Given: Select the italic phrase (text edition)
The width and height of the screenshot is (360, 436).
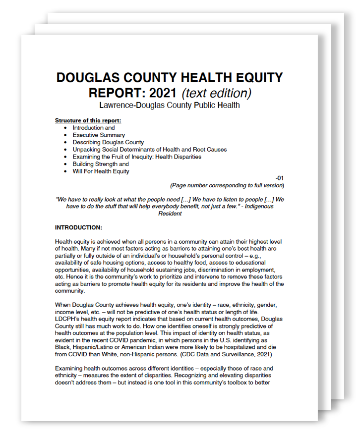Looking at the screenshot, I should [x=216, y=93].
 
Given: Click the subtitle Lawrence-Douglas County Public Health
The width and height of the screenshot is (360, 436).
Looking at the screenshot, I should [x=169, y=105].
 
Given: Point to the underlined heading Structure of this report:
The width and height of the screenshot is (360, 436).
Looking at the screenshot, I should [x=88, y=120].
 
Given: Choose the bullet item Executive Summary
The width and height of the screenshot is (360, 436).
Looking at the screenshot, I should [x=99, y=135].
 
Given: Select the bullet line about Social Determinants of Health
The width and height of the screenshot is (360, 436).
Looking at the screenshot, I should [x=149, y=150].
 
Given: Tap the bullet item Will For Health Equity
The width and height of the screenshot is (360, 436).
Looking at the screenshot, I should [x=101, y=171].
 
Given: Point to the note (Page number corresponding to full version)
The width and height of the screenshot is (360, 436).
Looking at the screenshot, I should [x=227, y=185].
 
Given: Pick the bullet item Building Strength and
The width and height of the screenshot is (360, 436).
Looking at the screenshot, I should [x=101, y=164].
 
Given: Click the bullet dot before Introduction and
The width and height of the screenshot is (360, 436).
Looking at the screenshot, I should [x=65, y=128].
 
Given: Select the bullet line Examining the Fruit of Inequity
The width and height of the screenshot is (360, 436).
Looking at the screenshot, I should [x=137, y=157].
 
